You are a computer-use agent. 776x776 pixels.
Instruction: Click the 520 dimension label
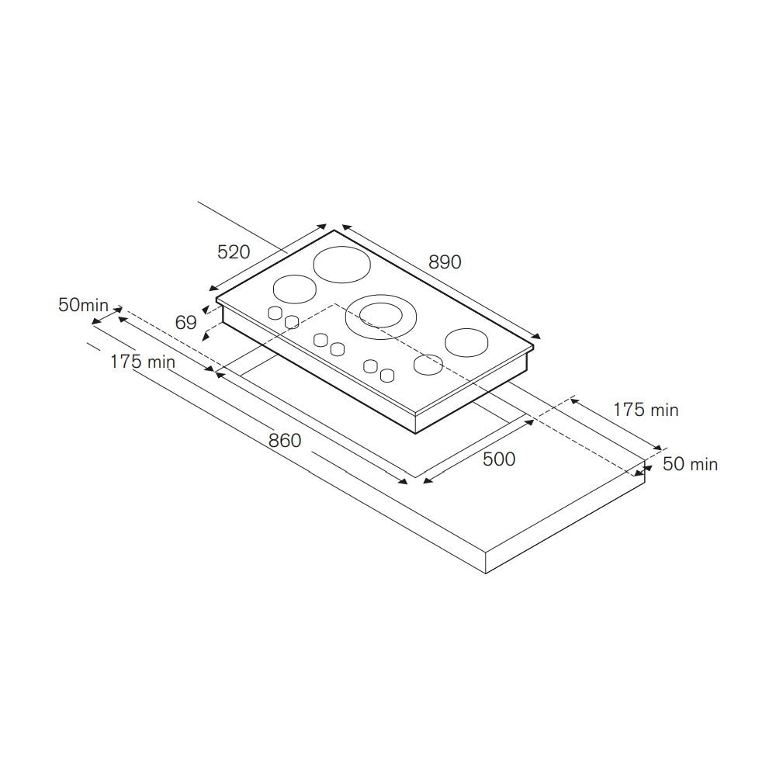click(x=234, y=252)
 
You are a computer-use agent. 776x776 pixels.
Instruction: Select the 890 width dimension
click(x=445, y=262)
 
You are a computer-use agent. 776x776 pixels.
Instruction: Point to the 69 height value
click(x=186, y=323)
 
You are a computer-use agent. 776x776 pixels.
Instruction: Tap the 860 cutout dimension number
click(x=285, y=440)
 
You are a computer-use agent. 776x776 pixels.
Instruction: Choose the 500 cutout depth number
click(x=499, y=459)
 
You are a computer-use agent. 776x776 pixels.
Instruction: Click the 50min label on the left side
click(x=83, y=305)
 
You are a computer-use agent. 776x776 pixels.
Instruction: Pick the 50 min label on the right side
click(x=690, y=464)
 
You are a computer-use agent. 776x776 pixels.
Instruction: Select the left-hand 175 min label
click(x=143, y=362)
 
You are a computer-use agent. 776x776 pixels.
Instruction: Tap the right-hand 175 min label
click(x=646, y=410)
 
